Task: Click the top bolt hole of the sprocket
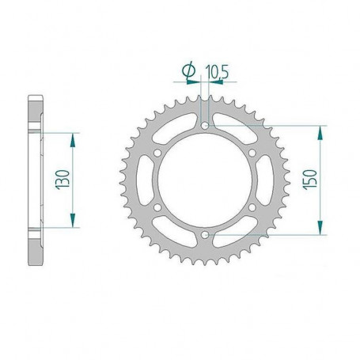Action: coord(204,125)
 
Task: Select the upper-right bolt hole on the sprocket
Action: coord(252,153)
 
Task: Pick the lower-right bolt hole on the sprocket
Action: coord(252,207)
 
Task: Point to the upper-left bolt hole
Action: coord(157,153)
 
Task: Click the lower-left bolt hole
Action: coord(157,207)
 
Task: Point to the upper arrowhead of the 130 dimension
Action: coord(74,137)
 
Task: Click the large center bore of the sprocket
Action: coord(204,180)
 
